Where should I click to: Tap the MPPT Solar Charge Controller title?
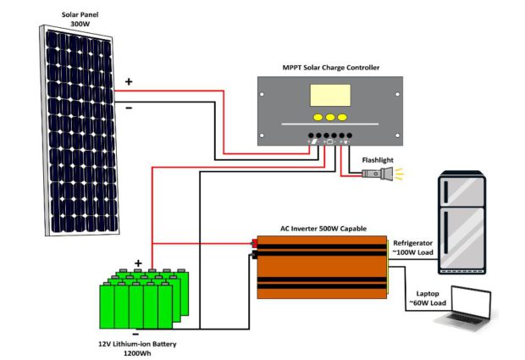(x=330, y=67)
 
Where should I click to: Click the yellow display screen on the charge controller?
(x=329, y=96)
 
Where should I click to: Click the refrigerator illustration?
(x=461, y=222)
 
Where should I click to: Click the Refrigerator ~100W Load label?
(x=414, y=246)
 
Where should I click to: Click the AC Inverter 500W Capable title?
(x=323, y=228)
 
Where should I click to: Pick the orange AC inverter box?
(x=322, y=266)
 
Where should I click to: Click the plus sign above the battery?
(x=138, y=263)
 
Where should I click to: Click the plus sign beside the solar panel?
(x=129, y=82)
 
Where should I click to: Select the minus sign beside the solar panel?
(x=129, y=108)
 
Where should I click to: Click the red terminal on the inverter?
(x=254, y=245)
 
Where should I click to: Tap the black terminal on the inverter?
(x=254, y=253)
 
